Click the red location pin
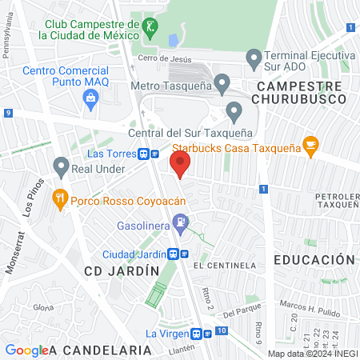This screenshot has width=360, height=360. pyautogui.click(x=180, y=164)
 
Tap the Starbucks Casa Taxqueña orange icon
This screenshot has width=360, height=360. pyautogui.click(x=311, y=145)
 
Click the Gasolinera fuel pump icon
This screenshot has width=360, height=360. pyautogui.click(x=182, y=223)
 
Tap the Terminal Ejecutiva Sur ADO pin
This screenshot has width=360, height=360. pyautogui.click(x=254, y=58)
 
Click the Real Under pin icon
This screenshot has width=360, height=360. pyautogui.click(x=61, y=166)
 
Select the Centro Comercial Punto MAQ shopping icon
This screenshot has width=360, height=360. pyautogui.click(x=90, y=98)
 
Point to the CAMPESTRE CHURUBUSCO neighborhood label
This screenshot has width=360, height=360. pyautogui.click(x=298, y=92)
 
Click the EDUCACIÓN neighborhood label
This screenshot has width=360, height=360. pyautogui.click(x=314, y=260)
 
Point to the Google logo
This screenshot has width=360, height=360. pyautogui.click(x=26, y=350)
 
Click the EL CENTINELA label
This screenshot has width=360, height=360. pyautogui.click(x=229, y=265)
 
